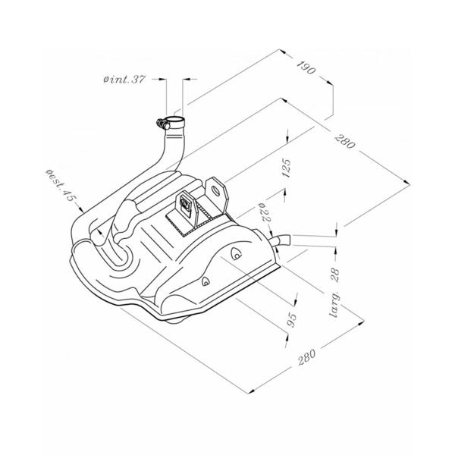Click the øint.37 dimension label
tap(124, 79)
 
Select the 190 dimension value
tap(306, 67)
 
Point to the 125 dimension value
tap(286, 168)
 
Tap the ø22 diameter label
tap(265, 212)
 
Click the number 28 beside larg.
tap(335, 275)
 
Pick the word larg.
tap(335, 303)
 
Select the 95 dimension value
tap(292, 320)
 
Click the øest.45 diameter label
tap(61, 185)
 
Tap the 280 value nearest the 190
tap(345, 141)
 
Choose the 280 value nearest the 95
tap(306, 357)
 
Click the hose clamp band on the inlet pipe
tap(175, 124)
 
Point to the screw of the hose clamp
tap(162, 124)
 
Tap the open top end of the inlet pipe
tap(175, 119)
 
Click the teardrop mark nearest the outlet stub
tap(236, 253)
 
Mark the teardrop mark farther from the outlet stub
tap(206, 281)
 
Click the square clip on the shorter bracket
tap(184, 202)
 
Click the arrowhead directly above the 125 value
tap(287, 140)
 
